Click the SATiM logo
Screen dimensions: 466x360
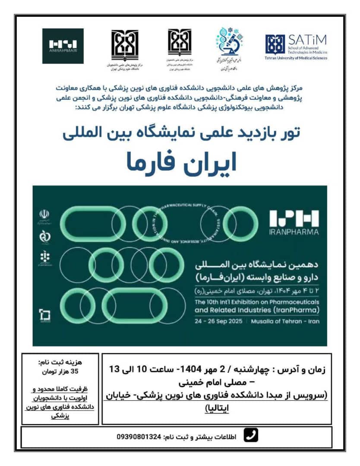[x=296, y=46]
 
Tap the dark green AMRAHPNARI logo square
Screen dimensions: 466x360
[x=63, y=46]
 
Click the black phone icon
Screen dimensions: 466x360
[x=251, y=436]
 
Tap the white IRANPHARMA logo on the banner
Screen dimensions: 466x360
[x=294, y=222]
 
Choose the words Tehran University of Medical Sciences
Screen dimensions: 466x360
[x=296, y=58]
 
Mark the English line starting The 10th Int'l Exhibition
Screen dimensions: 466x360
[x=257, y=302]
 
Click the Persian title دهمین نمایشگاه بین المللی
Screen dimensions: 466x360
[x=257, y=263]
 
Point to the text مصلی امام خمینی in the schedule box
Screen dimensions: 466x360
[x=197, y=382]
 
